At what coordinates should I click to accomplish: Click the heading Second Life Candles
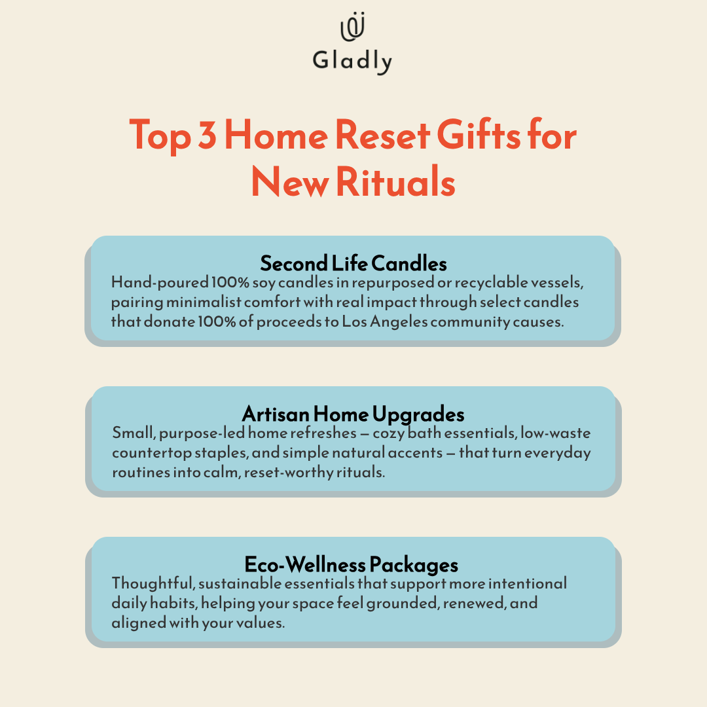tap(353, 263)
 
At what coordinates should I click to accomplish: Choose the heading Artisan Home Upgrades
tap(353, 414)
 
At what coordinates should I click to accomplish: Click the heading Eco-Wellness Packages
tap(352, 564)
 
